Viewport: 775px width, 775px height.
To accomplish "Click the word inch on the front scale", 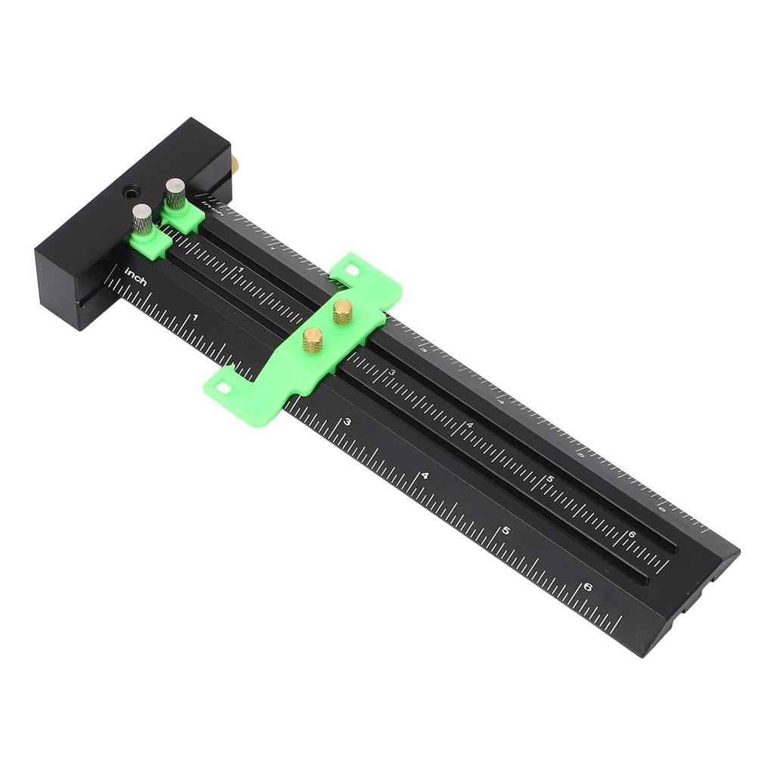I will (x=136, y=275).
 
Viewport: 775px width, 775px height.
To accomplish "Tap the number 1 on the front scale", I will (x=195, y=319).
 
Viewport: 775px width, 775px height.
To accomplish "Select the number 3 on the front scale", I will (x=347, y=422).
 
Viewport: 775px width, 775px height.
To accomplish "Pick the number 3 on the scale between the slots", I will (x=392, y=372).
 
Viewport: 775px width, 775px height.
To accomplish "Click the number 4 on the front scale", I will (x=425, y=476).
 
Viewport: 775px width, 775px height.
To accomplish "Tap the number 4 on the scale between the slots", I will (x=470, y=425).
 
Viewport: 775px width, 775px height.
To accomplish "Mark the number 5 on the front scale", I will (x=506, y=531).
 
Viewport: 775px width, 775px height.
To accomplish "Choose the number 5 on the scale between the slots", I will (x=550, y=480).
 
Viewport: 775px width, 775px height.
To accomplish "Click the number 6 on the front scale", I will (x=589, y=587).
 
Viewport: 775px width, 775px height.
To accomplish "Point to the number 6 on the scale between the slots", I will (x=632, y=535).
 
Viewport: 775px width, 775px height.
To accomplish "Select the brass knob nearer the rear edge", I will (x=343, y=311).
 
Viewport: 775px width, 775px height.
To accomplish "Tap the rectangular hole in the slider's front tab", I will (x=223, y=387).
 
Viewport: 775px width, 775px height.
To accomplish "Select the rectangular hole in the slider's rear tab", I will (x=351, y=267).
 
